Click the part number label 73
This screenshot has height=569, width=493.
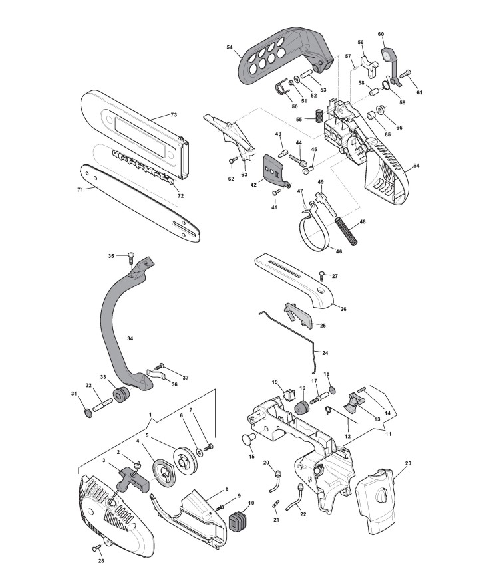[174, 115]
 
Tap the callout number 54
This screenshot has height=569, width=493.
[230, 47]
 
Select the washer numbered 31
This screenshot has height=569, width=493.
[87, 414]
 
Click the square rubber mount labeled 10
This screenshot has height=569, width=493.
[237, 522]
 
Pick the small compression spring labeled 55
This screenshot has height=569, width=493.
[319, 115]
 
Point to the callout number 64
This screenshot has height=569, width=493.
[416, 165]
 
